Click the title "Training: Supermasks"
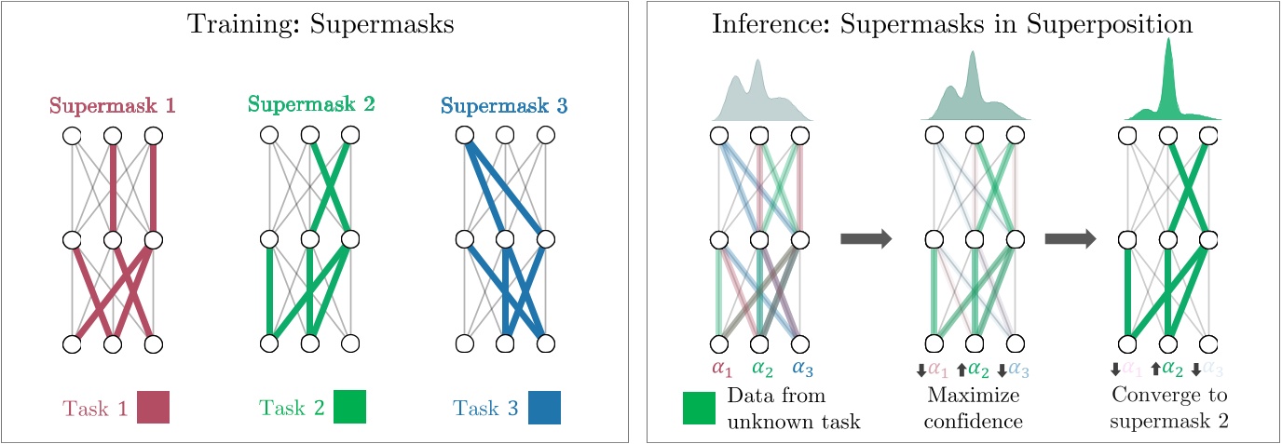tap(320, 24)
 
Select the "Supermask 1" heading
tap(112, 106)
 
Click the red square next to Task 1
tap(153, 408)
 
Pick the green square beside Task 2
tap(349, 408)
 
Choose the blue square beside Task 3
tap(544, 408)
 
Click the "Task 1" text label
tap(93, 408)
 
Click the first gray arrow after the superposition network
tap(866, 239)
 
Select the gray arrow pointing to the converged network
tap(1071, 239)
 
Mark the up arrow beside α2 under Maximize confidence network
tap(960, 370)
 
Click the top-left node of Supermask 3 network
tap(464, 136)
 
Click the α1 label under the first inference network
tap(722, 369)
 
